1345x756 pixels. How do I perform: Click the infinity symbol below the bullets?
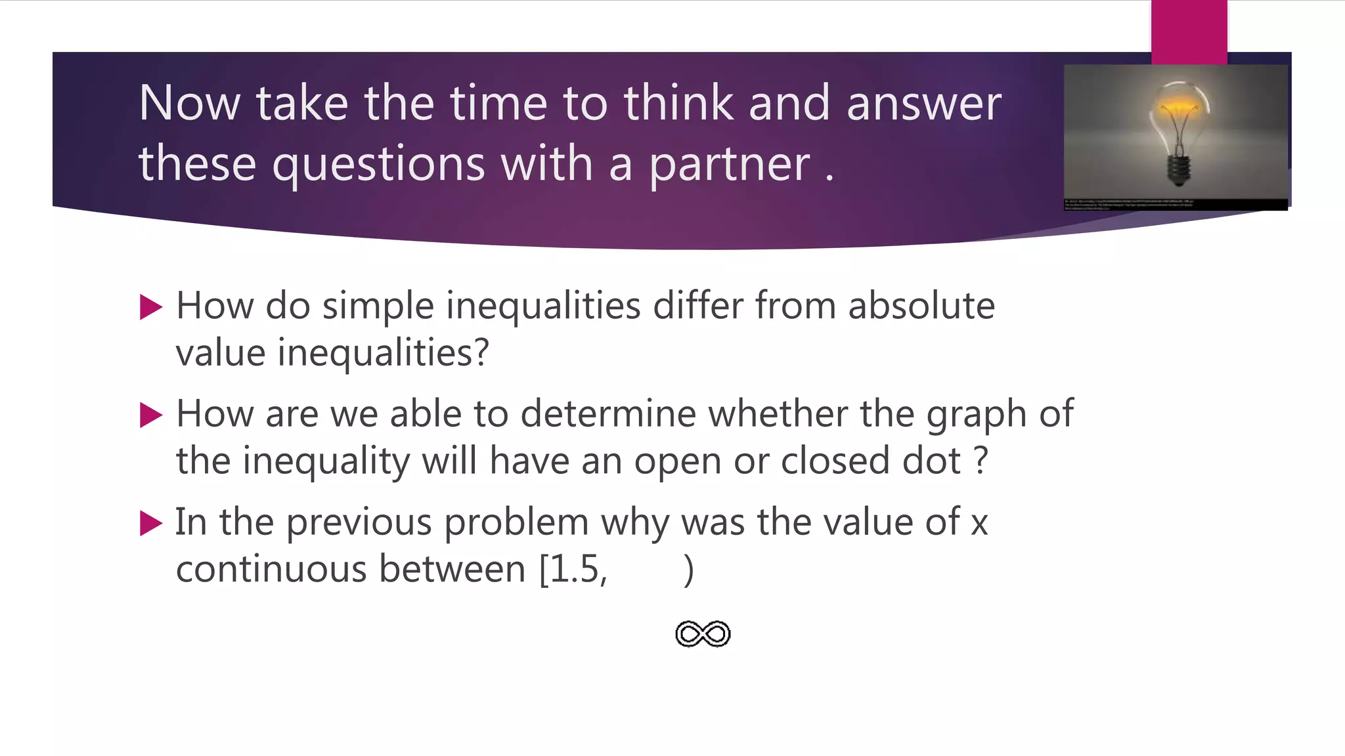point(703,634)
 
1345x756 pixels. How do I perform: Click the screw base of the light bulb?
point(1179,170)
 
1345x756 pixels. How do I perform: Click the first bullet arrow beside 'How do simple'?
point(151,307)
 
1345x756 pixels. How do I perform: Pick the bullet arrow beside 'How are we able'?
point(151,415)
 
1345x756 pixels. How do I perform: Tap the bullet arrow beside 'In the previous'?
point(151,523)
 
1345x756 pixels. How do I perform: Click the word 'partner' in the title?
point(729,164)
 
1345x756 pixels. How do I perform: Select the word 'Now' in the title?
point(190,103)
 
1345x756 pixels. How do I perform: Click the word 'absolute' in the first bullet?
point(921,306)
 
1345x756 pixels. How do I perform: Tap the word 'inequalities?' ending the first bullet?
point(383,353)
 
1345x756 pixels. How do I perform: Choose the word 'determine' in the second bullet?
point(608,414)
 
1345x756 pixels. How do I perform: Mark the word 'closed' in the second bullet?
point(835,461)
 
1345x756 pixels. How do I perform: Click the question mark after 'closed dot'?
point(981,461)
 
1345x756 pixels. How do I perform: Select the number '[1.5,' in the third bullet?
point(573,569)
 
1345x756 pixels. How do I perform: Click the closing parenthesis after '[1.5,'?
point(688,570)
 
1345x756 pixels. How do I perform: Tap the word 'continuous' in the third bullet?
point(271,569)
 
